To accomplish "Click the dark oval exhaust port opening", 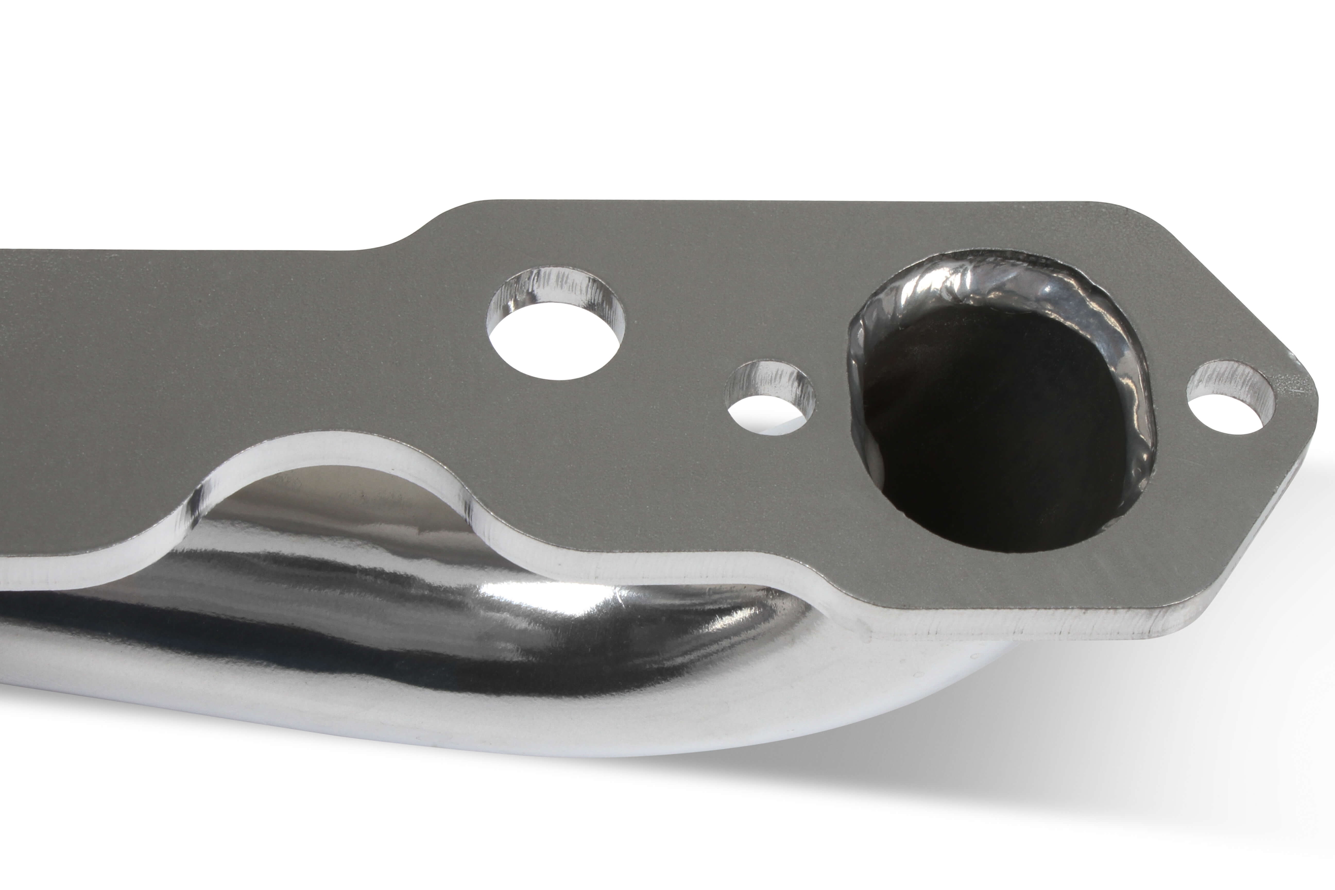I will click(x=988, y=431).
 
